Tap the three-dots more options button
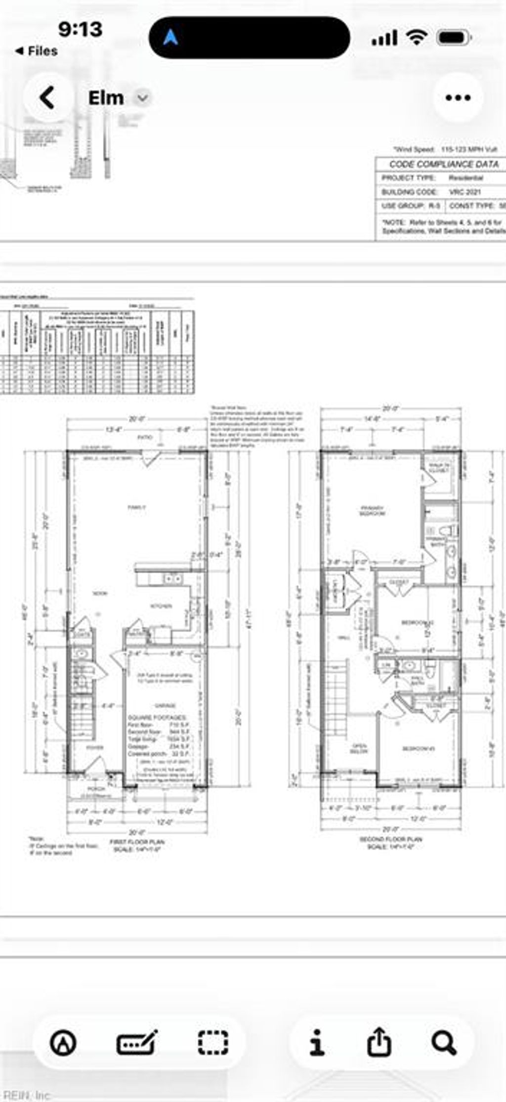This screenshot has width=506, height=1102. [458, 97]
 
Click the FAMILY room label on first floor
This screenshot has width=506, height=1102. [137, 507]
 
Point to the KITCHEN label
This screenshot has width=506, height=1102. [161, 606]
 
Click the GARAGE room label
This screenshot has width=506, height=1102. [165, 705]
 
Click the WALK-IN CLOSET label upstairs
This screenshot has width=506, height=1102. [438, 467]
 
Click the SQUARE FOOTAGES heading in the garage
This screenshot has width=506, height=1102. [157, 717]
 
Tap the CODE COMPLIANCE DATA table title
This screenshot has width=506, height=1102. [443, 164]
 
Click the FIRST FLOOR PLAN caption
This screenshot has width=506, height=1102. [137, 841]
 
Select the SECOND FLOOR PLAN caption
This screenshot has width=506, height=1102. [390, 839]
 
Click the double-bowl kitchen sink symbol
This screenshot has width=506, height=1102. [172, 578]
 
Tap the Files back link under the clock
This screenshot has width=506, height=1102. [37, 51]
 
